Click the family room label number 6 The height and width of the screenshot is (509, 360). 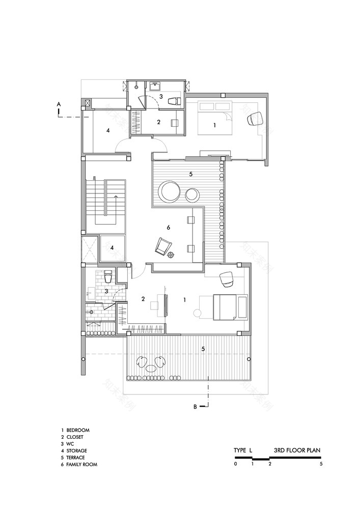pos(168,227)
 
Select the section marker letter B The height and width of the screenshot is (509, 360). pos(195,406)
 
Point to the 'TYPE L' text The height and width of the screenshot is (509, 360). pos(243,450)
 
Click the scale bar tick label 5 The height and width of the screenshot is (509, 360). pos(321,464)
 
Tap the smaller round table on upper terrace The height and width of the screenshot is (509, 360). pos(192,194)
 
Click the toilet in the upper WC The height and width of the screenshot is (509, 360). pos(173,100)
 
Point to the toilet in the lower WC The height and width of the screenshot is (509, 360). pos(107,278)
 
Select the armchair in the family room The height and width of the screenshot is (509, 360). pos(162,247)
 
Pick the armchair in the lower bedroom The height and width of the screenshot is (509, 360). pos(226,279)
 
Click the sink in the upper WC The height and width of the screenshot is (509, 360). pos(155,85)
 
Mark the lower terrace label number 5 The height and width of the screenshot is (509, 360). pos(203,349)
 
